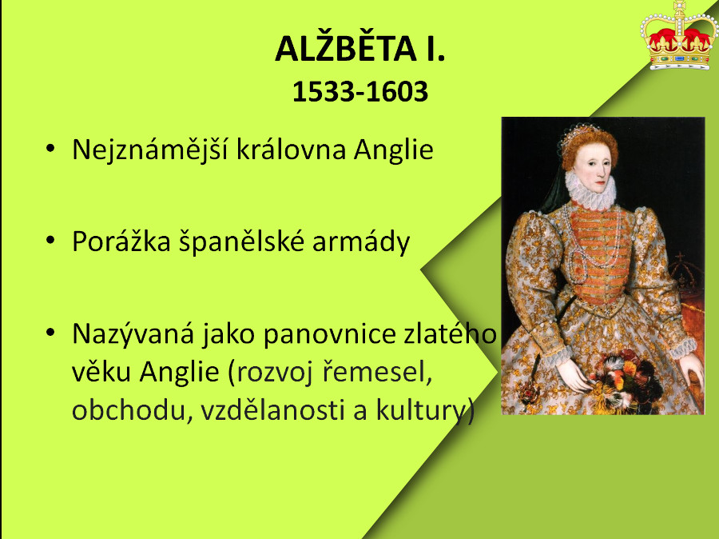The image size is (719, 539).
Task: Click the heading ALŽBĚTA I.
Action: tap(360, 49)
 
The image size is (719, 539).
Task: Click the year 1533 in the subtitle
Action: tap(324, 91)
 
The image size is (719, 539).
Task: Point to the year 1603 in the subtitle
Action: tap(397, 91)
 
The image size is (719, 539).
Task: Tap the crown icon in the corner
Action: tap(677, 36)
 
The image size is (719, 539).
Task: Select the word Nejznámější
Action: tap(150, 150)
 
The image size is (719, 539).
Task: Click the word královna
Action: tap(291, 150)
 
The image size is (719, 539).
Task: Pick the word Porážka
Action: tap(121, 241)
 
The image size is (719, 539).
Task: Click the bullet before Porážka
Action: tap(50, 240)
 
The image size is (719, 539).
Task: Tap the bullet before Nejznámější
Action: tap(50, 148)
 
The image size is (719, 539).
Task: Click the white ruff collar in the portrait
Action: tap(590, 190)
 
